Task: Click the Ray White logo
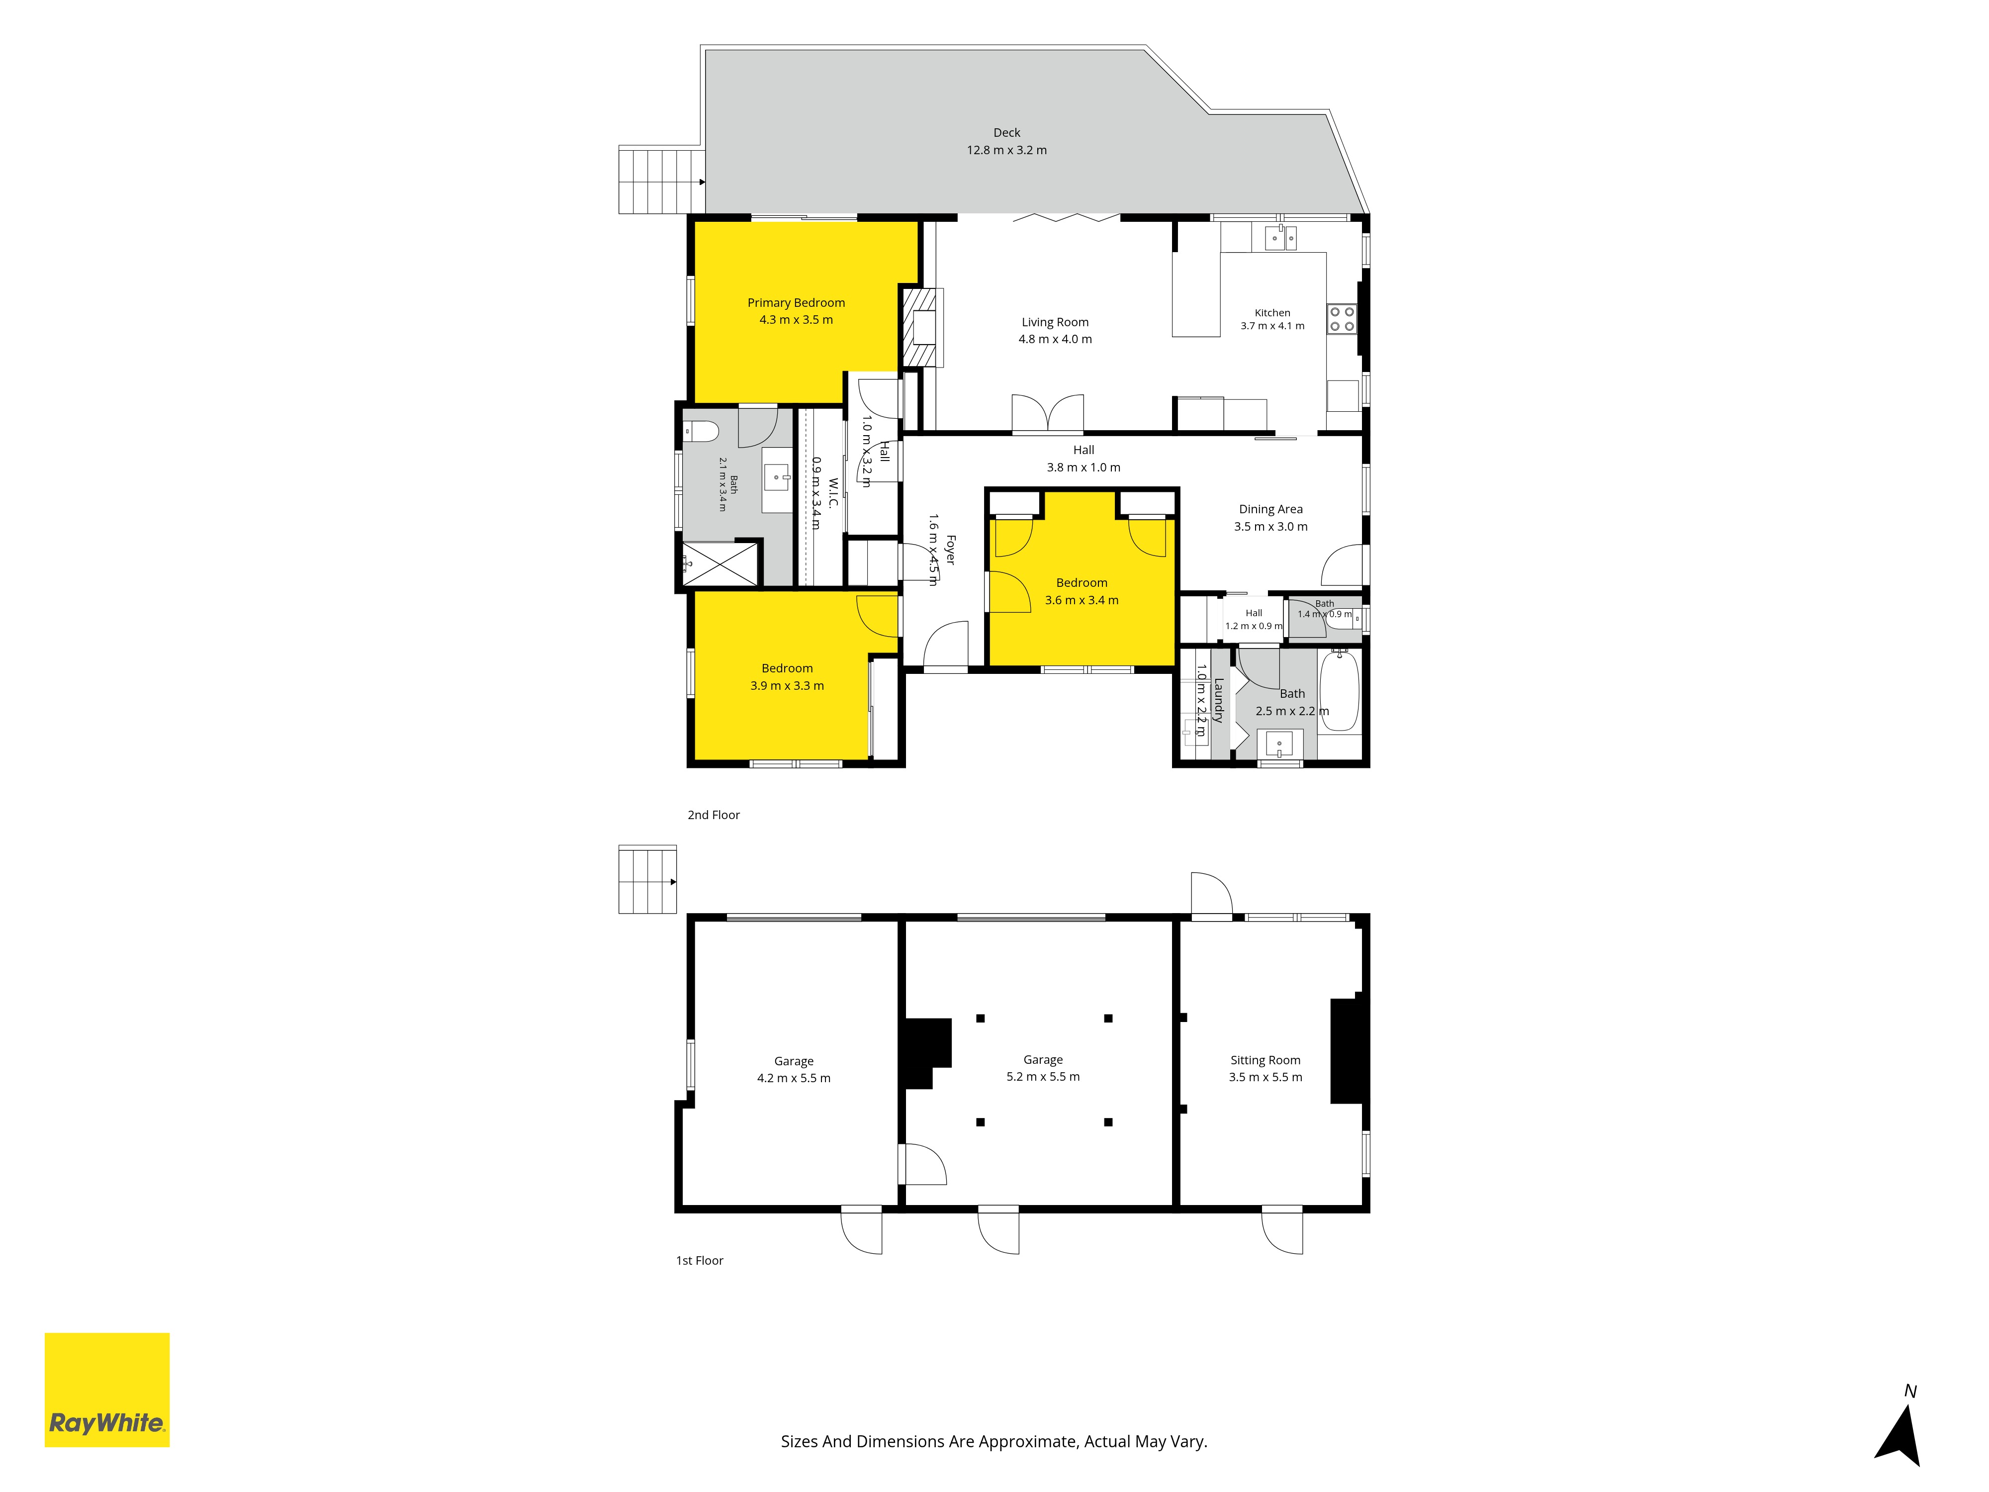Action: (x=107, y=1390)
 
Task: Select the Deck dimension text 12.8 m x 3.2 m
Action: (x=1006, y=150)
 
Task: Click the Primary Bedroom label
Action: (x=796, y=303)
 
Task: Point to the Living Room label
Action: (x=1055, y=322)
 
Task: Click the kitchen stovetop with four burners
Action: (x=1342, y=319)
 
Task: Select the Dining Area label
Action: (x=1270, y=509)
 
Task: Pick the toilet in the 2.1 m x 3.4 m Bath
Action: (x=701, y=432)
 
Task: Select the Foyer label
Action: (x=950, y=550)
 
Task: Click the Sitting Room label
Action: (x=1265, y=1060)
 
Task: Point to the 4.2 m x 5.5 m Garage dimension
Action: (x=794, y=1078)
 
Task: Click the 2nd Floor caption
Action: (x=714, y=815)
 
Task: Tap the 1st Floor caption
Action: (x=700, y=1261)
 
